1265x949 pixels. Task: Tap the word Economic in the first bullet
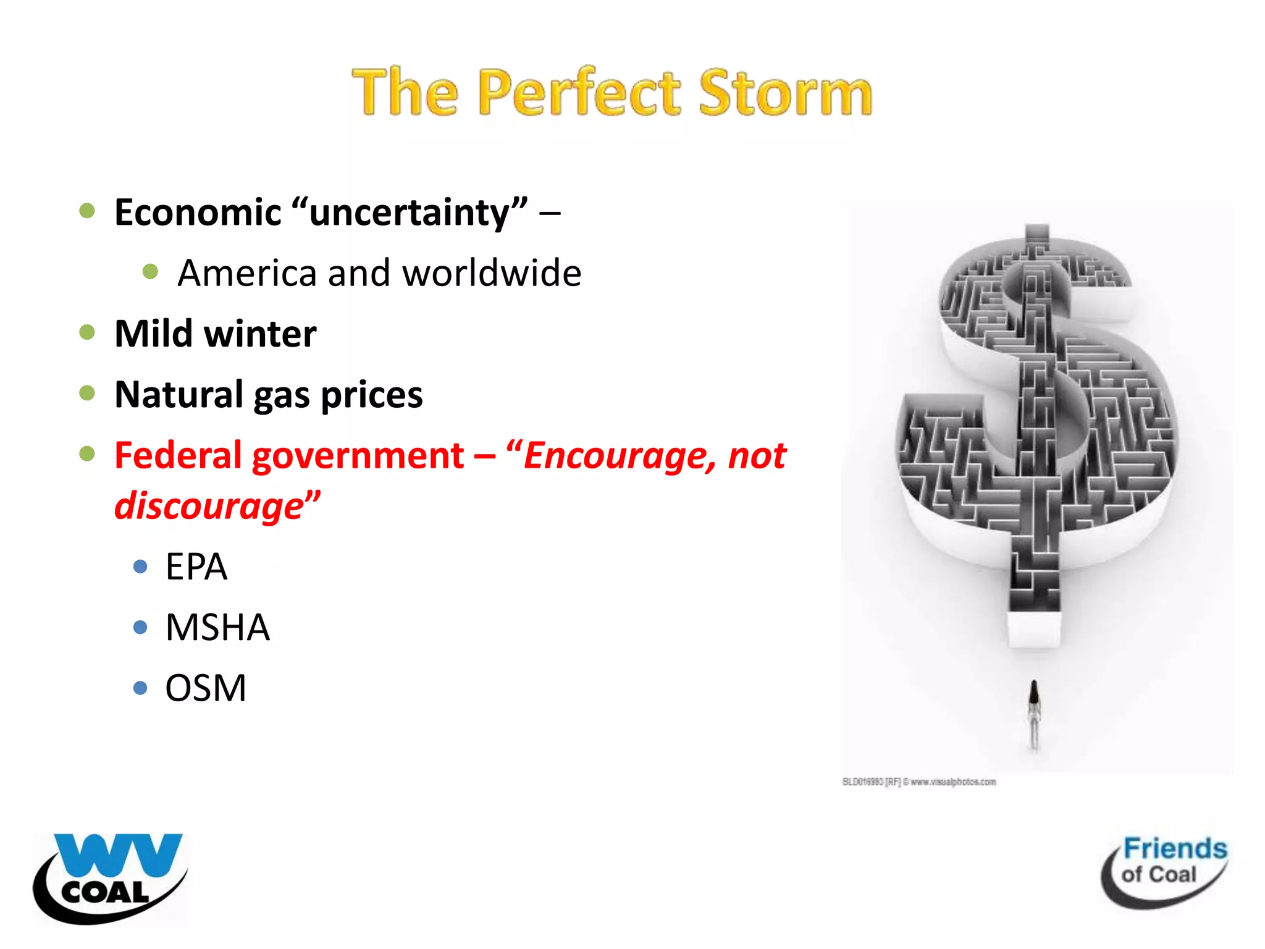(x=198, y=213)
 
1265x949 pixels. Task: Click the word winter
(x=261, y=334)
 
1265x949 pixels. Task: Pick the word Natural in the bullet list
(x=179, y=394)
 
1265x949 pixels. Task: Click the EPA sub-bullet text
(x=196, y=567)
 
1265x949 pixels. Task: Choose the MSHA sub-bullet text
(x=217, y=627)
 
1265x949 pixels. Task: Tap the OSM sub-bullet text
(x=206, y=688)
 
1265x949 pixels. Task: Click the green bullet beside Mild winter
(x=87, y=332)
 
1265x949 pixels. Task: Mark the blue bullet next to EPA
(x=140, y=566)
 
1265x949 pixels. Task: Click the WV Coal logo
(x=110, y=877)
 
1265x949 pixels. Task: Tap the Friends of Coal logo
(x=1165, y=870)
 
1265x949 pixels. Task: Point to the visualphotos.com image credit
(x=919, y=782)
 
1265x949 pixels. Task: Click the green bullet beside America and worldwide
(x=150, y=271)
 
